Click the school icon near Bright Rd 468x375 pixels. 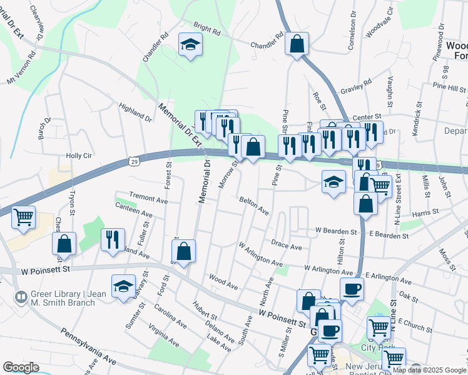[190, 44]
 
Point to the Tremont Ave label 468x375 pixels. [148, 199]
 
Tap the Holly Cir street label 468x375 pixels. [79, 156]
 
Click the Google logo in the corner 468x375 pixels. [21, 367]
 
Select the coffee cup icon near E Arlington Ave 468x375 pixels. [351, 289]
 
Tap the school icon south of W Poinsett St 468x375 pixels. [123, 286]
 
